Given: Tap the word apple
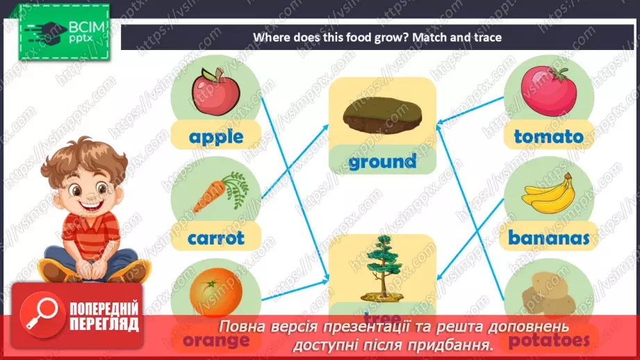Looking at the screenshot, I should [215, 136].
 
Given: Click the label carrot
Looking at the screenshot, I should [216, 238].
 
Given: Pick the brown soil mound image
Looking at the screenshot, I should [382, 115].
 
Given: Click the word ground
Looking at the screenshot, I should [382, 162].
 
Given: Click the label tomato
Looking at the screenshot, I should [548, 136].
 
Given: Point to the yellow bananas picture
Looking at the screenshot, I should [548, 194].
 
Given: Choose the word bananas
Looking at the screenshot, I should [548, 238].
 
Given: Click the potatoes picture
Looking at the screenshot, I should [548, 292].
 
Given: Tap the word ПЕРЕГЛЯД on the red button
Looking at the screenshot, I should [104, 324].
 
